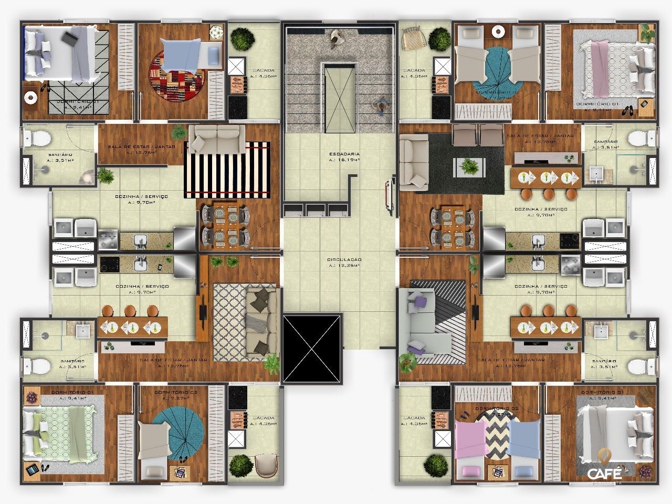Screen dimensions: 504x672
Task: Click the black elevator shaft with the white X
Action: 312,348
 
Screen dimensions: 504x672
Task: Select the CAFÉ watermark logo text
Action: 604,474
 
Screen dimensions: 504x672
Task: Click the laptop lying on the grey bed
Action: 70,37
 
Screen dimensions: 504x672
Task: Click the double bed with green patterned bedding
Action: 55,434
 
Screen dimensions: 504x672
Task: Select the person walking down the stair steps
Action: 381,107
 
